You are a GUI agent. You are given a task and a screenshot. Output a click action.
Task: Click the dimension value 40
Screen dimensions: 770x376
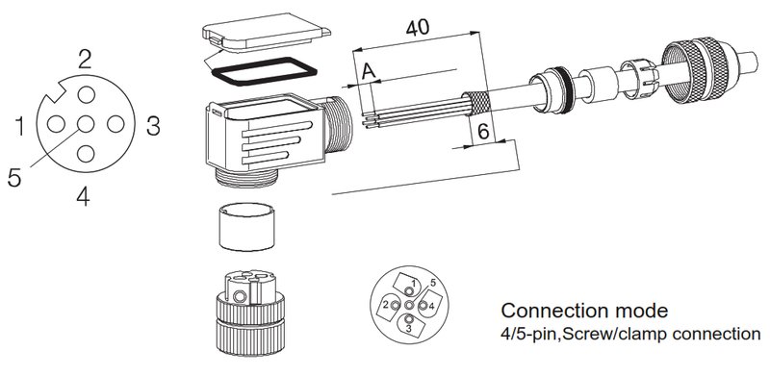coord(418,28)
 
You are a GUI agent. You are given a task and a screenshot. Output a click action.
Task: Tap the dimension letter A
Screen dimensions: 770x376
coord(369,72)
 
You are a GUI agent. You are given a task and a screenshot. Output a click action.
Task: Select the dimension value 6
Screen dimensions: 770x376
coord(483,132)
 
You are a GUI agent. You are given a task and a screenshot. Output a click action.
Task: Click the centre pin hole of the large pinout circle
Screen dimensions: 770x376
coord(86,124)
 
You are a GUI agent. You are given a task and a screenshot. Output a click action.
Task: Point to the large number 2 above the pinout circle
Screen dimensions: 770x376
coord(85,60)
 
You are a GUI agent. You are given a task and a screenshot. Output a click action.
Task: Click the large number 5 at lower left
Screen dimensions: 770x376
coord(14,177)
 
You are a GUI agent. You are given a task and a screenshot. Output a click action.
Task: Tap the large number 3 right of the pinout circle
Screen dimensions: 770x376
coord(153,126)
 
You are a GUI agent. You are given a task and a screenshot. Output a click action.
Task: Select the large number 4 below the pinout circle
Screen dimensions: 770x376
coord(83,196)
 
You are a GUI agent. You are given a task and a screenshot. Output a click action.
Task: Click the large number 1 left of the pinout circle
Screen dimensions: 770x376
coord(19,126)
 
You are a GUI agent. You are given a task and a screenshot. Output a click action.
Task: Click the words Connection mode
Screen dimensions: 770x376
coord(584,311)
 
